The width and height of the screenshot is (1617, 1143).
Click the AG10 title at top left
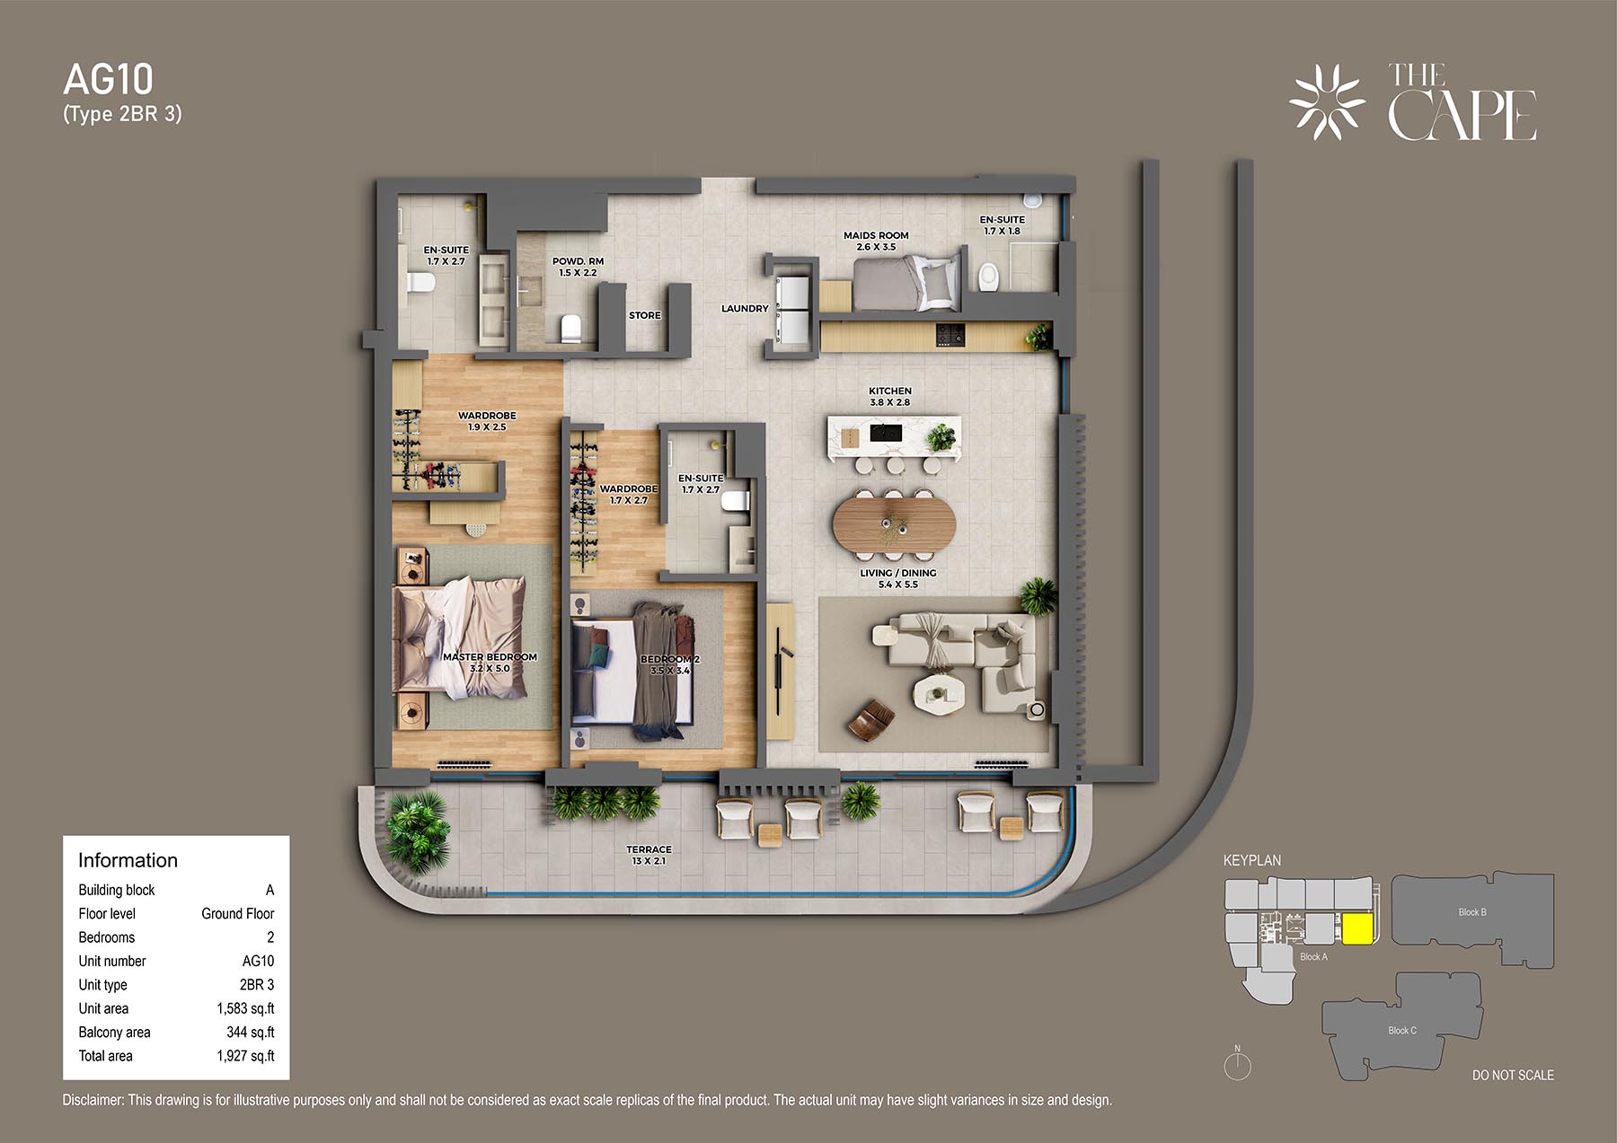(x=109, y=80)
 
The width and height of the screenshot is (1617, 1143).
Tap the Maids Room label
(x=876, y=235)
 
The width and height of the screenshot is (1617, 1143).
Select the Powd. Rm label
(x=578, y=261)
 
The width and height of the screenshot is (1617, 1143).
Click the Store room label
(x=644, y=315)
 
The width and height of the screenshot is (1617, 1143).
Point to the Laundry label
(x=745, y=308)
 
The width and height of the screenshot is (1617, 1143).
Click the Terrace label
(x=649, y=849)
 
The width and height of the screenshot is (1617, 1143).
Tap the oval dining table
(x=894, y=523)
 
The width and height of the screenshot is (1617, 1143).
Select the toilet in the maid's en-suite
(x=988, y=277)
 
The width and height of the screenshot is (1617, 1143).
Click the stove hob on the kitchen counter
(x=950, y=335)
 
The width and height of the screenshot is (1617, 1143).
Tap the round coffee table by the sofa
(x=939, y=693)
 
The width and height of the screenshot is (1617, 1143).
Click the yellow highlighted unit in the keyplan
(x=1357, y=929)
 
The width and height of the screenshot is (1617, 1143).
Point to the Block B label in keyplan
(x=1472, y=912)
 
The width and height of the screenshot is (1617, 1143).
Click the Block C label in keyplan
(x=1402, y=1031)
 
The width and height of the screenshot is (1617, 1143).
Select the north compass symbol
(x=1238, y=1065)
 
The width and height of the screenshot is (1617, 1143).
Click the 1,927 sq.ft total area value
(x=245, y=1056)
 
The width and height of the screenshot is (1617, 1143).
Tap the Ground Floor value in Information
(x=237, y=913)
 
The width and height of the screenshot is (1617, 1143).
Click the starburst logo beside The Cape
(x=1327, y=101)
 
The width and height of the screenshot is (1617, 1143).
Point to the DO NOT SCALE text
(x=1513, y=1075)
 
